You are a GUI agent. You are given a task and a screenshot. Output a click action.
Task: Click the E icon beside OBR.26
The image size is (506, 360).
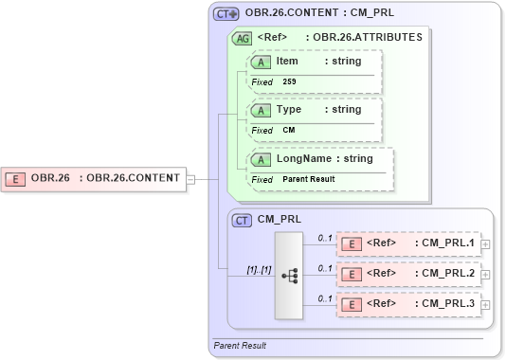[16, 177]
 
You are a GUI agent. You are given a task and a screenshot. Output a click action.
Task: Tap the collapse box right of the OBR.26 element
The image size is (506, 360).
[190, 177]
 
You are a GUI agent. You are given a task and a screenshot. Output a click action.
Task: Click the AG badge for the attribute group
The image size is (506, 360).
[242, 39]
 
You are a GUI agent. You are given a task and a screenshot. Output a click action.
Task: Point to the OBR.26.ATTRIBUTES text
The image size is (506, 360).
[368, 38]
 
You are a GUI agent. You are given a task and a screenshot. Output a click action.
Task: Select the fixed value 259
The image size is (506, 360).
[289, 81]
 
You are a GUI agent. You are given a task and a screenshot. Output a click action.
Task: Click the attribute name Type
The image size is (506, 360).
[288, 109]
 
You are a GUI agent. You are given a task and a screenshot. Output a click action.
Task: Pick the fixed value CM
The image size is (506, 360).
[288, 130]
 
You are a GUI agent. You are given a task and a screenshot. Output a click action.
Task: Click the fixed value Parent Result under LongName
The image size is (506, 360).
[308, 179]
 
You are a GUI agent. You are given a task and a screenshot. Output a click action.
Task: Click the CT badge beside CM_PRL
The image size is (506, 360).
[242, 220]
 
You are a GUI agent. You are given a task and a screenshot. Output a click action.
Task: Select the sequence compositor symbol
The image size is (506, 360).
[290, 276]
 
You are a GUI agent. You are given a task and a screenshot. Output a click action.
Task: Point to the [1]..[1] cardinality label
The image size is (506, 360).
[258, 269]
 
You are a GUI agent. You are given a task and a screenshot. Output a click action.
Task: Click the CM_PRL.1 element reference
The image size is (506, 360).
[448, 243]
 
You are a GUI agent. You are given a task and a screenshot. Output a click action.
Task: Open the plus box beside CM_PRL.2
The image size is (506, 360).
[486, 275]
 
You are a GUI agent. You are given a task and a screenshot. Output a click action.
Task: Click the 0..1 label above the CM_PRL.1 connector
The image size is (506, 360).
[324, 237]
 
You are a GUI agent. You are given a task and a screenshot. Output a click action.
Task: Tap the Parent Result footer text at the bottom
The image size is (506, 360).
[240, 346]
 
